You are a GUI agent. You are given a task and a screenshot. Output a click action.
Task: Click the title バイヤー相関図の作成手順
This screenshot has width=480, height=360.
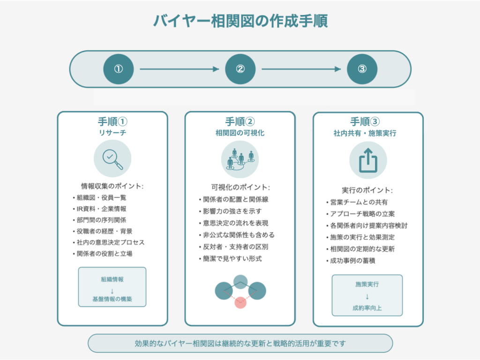coord(240,21)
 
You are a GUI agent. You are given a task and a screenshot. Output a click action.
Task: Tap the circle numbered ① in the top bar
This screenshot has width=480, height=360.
coord(119,69)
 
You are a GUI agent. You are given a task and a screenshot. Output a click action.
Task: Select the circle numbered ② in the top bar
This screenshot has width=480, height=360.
coord(240,69)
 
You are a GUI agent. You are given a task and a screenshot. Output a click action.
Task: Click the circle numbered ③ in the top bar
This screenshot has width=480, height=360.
coord(362,69)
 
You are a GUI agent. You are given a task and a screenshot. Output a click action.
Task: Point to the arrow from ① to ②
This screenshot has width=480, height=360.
coord(180,69)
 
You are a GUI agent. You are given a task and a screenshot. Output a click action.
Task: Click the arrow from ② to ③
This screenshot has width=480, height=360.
coord(301,69)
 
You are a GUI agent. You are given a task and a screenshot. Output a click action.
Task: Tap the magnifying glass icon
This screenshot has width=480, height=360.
coord(112,159)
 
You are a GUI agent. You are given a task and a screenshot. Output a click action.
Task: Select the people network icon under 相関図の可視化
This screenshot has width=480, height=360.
coord(240,159)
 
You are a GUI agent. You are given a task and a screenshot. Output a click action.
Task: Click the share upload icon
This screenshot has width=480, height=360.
coord(368,160)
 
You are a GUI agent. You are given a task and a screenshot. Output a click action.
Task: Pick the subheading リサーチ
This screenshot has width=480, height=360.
coord(112,133)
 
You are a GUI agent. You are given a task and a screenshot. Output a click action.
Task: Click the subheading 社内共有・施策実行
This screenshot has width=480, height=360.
coord(365,133)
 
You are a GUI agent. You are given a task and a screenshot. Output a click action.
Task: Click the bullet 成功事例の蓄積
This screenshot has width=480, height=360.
coord(351,261)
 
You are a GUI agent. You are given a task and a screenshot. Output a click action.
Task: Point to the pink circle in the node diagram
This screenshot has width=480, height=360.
coord(240,302)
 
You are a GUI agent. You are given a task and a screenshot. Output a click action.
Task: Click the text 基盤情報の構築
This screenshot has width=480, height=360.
coord(112,299)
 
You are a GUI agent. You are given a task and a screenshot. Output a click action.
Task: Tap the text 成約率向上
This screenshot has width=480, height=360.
coord(367,308)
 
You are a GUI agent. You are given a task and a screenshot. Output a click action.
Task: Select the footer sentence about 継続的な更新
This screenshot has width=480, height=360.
coord(240,344)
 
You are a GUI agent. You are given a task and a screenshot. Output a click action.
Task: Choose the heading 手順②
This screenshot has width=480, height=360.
coord(240,121)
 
